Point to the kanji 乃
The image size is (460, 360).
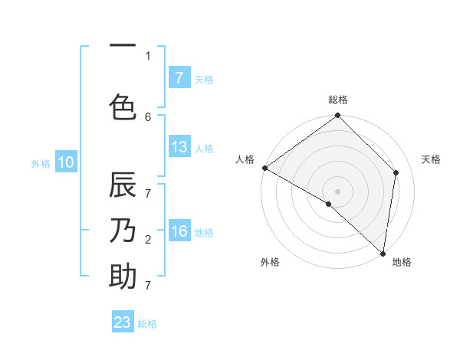pyautogui.click(x=123, y=231)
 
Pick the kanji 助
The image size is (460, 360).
pyautogui.click(x=123, y=276)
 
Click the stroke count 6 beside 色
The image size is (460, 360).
pyautogui.click(x=148, y=116)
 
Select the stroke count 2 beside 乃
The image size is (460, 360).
pyautogui.click(x=148, y=240)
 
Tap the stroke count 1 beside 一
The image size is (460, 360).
pyautogui.click(x=148, y=55)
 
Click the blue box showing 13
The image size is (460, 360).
pyautogui.click(x=179, y=147)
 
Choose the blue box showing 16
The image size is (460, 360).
pyautogui.click(x=179, y=231)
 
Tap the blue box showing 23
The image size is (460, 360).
pyautogui.click(x=123, y=322)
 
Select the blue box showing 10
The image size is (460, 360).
pyautogui.click(x=65, y=162)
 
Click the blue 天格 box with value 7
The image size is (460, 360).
pyautogui.click(x=179, y=78)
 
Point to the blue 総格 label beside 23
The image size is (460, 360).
pyautogui.click(x=147, y=324)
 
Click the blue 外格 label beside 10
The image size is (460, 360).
pyautogui.click(x=41, y=164)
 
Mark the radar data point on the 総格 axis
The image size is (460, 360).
pyautogui.click(x=338, y=116)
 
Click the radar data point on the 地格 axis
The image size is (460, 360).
pyautogui.click(x=382, y=253)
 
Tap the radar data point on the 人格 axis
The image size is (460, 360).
pyautogui.click(x=265, y=168)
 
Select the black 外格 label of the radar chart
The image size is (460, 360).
pyautogui.click(x=270, y=263)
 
